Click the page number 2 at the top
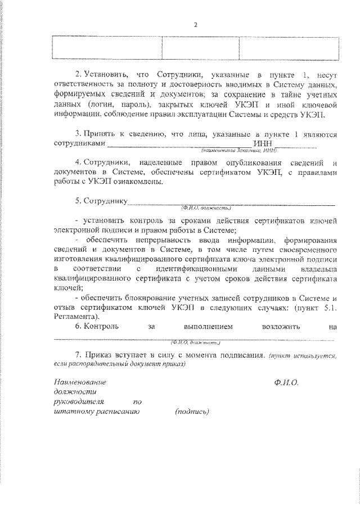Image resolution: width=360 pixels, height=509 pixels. coord(196,25)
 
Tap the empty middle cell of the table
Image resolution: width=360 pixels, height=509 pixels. coord(200,47)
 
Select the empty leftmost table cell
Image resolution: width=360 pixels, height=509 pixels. coord(107,47)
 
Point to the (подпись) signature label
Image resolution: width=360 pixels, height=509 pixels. coord(192,411)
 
